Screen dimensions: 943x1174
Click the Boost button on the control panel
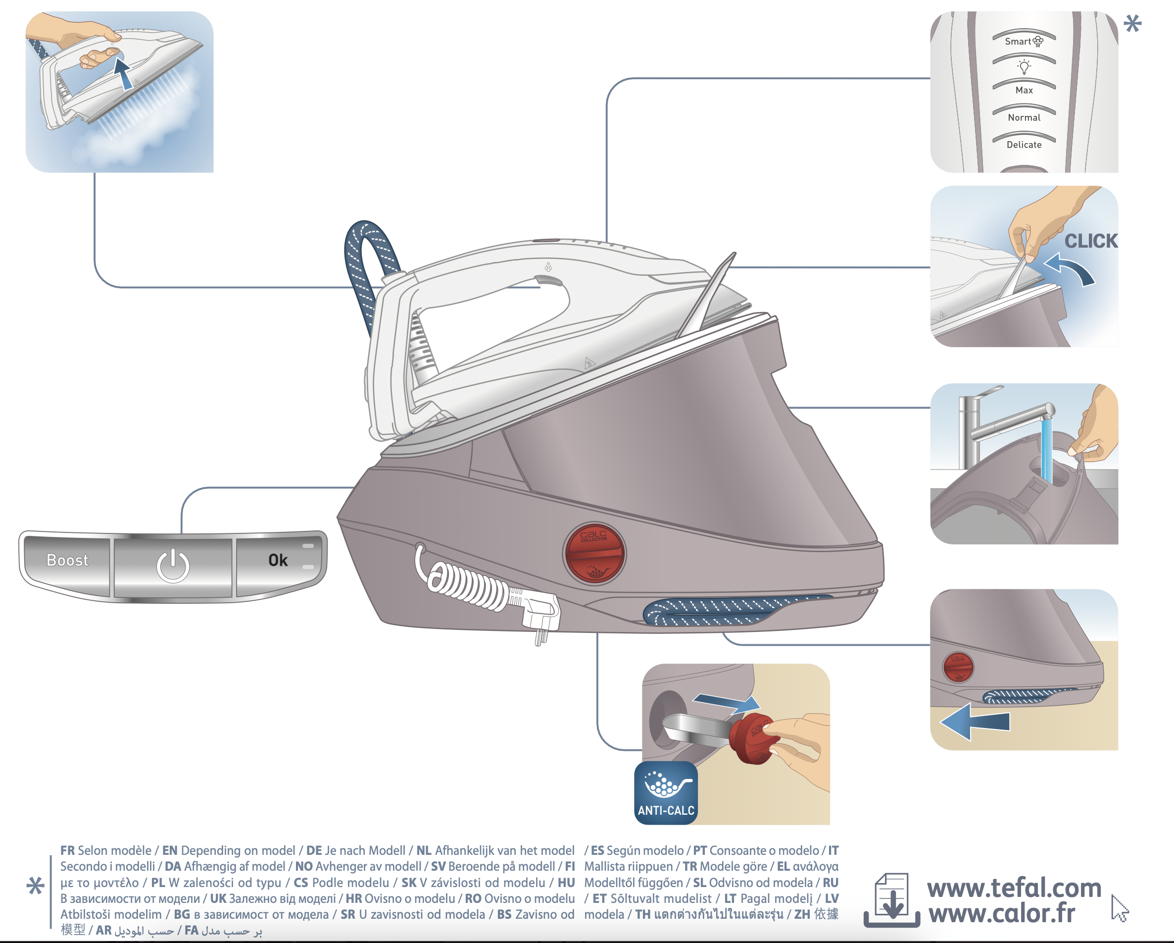[67, 561]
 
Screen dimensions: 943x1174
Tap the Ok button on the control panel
[278, 561]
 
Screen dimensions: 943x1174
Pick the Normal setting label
[1024, 118]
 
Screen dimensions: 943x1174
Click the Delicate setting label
[1024, 145]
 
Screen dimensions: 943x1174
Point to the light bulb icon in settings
[1024, 66]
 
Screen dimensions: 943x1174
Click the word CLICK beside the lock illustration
[1091, 241]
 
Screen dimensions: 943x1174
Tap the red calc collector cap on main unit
[594, 554]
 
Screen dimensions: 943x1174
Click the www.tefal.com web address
[1014, 889]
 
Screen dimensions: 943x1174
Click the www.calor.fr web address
[1001, 914]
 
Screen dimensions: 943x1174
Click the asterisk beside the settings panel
[1132, 23]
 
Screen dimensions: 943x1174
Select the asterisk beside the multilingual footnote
[36, 887]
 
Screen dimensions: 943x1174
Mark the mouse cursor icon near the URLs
[1119, 908]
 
